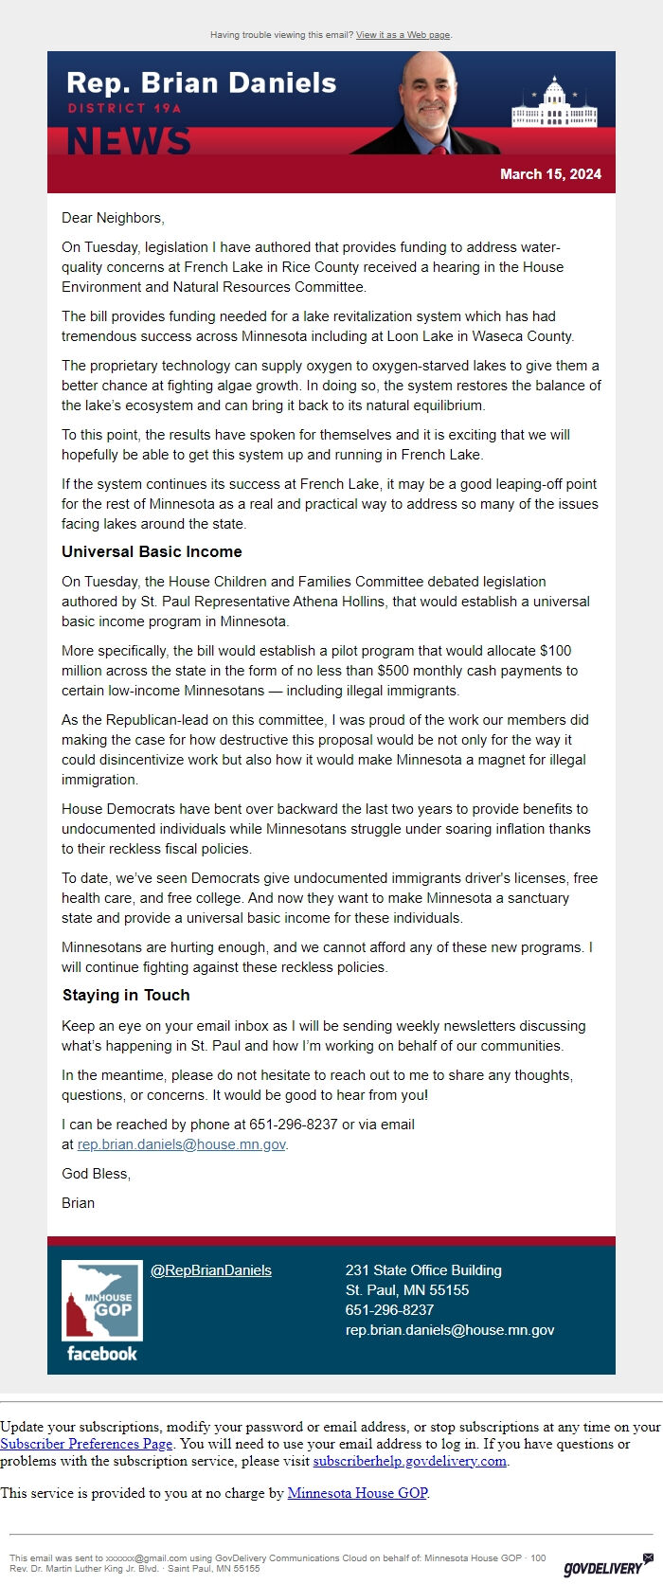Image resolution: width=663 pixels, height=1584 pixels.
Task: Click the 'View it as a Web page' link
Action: [x=403, y=35]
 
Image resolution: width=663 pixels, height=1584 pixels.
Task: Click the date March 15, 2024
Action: [x=550, y=174]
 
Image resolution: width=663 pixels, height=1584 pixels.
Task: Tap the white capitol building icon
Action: [x=554, y=106]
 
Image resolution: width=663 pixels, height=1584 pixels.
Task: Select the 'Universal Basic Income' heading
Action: [x=152, y=551]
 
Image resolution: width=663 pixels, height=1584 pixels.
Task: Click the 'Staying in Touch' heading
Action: [x=126, y=995]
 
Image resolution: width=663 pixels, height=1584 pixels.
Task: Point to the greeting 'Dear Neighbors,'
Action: [x=113, y=218]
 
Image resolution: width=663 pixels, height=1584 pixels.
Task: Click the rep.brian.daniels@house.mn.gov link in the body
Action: [x=181, y=1144]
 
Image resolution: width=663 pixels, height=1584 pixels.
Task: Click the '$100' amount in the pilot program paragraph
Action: [x=556, y=651]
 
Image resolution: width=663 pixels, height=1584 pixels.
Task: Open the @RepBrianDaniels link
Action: [x=211, y=1270]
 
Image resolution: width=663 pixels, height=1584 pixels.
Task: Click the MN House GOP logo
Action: [x=102, y=1301]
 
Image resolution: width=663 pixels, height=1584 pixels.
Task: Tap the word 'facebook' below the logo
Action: [x=102, y=1354]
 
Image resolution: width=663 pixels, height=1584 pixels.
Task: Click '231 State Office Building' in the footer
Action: [x=423, y=1270]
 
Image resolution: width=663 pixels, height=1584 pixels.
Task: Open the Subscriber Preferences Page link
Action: [x=86, y=1444]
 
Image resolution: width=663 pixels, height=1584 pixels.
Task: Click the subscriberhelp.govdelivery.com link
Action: [x=410, y=1461]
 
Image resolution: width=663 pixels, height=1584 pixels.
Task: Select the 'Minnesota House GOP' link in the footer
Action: [x=357, y=1493]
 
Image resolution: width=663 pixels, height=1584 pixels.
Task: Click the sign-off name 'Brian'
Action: [x=78, y=1203]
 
